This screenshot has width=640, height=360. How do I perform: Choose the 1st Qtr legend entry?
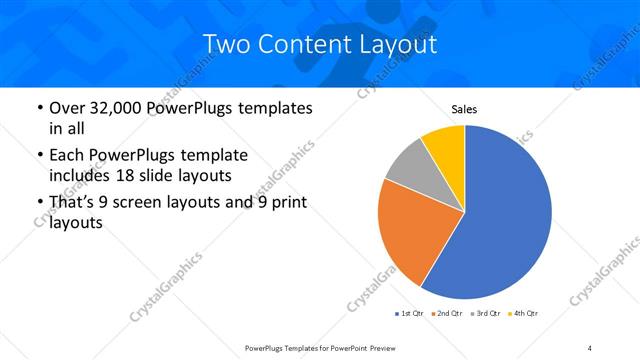pyautogui.click(x=409, y=314)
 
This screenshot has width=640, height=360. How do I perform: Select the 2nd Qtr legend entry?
pyautogui.click(x=446, y=314)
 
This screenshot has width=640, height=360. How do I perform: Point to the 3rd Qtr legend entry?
pyautogui.click(x=485, y=314)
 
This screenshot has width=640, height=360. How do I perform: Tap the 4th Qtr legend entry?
pyautogui.click(x=524, y=314)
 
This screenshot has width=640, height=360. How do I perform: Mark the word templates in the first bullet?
pyautogui.click(x=275, y=108)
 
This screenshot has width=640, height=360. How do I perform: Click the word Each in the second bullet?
pyautogui.click(x=70, y=156)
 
